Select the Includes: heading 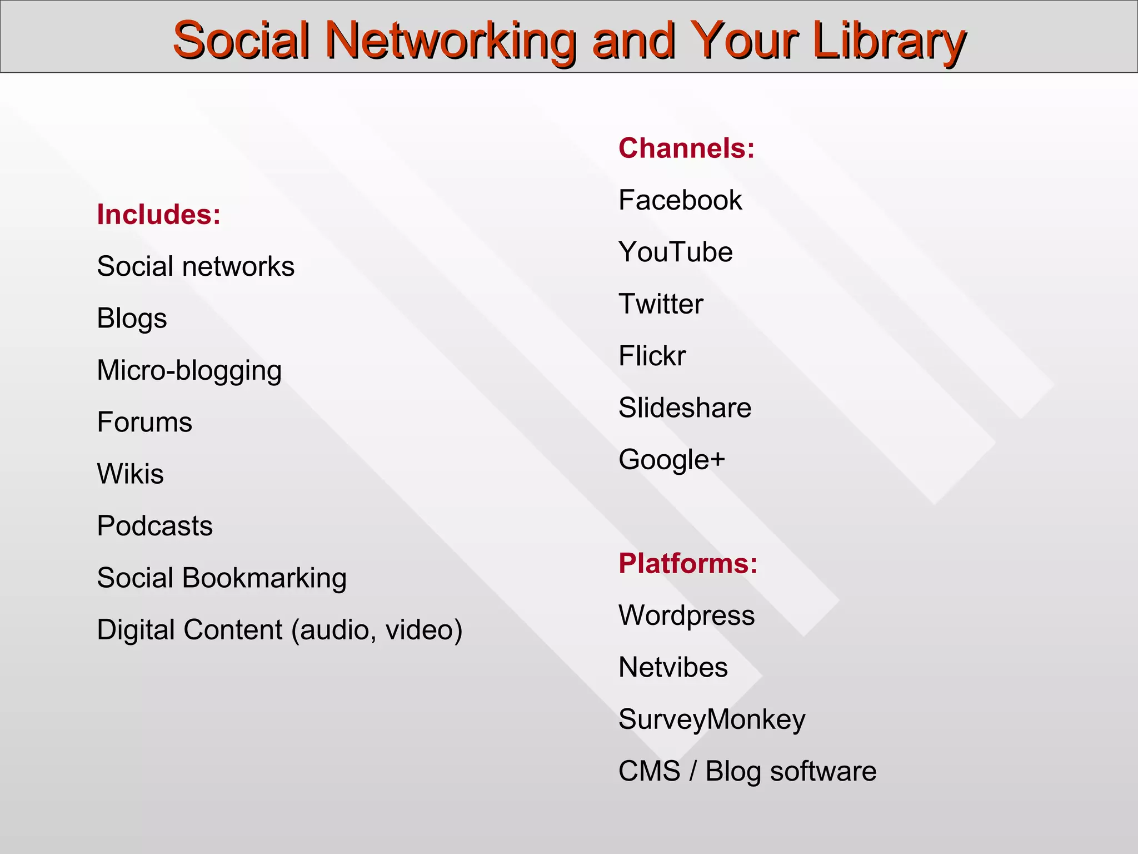pos(159,215)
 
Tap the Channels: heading pos(687,148)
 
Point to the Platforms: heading pos(688,563)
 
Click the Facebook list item pos(680,200)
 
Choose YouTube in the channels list pos(676,252)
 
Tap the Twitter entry pos(661,304)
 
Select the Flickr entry pos(652,356)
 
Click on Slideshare pos(685,408)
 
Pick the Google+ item pos(672,460)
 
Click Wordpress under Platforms pos(687,615)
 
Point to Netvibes pos(673,667)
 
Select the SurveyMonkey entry pos(712,719)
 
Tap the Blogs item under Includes pos(132,319)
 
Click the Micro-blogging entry pos(189,371)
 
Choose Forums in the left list pos(144,422)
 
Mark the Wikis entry pos(130,474)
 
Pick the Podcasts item pos(154,526)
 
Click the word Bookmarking pos(264,578)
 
